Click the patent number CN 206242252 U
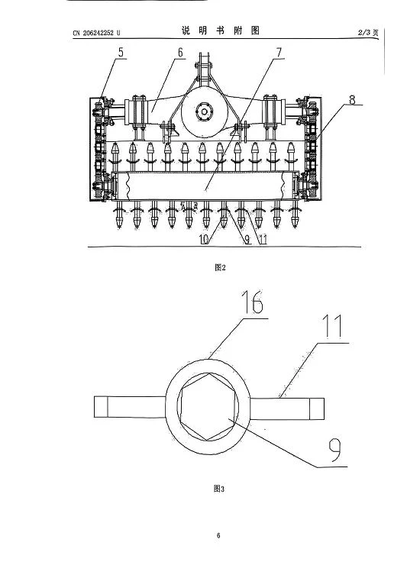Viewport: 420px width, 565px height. click(x=97, y=33)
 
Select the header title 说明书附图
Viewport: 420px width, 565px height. click(x=221, y=31)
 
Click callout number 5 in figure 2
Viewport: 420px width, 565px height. click(x=121, y=52)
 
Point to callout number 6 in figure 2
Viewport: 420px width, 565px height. click(x=180, y=53)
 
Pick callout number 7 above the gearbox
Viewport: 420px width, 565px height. click(x=279, y=53)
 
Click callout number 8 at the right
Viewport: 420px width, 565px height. click(x=352, y=99)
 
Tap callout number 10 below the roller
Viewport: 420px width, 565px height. click(x=204, y=240)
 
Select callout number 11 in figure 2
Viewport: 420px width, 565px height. click(x=263, y=240)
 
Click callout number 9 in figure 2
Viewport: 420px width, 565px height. click(x=247, y=240)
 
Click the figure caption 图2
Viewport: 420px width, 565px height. click(x=220, y=267)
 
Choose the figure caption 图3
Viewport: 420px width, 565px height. click(x=219, y=489)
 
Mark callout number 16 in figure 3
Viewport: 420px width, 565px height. click(x=253, y=302)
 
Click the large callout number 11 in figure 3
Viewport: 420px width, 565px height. click(x=332, y=326)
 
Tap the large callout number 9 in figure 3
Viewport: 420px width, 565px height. click(x=335, y=450)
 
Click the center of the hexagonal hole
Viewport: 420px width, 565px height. click(x=208, y=407)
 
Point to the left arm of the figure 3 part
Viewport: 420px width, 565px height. click(x=130, y=407)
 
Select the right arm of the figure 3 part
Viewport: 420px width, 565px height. click(x=286, y=408)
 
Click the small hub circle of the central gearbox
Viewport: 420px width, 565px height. click(x=205, y=112)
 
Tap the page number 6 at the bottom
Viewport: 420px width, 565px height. click(x=218, y=535)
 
